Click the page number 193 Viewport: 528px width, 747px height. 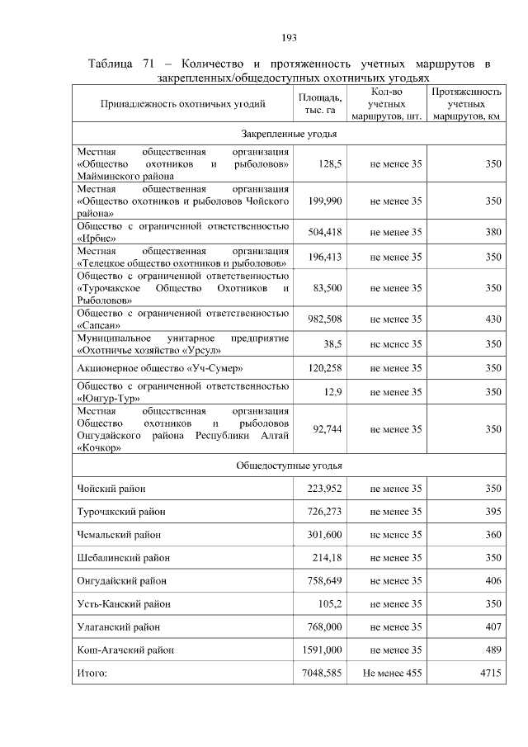(288, 37)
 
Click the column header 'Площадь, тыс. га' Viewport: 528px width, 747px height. (319, 104)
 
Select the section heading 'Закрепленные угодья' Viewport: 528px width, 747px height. (288, 133)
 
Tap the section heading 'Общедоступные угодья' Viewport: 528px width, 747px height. (288, 466)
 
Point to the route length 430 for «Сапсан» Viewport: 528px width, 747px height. (493, 319)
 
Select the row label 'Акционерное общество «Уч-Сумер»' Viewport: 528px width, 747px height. (160, 367)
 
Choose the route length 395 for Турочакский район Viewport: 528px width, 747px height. (493, 512)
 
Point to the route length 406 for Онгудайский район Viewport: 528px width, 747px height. (493, 581)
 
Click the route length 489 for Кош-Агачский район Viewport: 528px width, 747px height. (493, 650)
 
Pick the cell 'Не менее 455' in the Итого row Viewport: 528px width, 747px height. (392, 674)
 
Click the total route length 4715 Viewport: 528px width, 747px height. (490, 674)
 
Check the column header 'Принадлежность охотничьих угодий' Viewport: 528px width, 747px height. (182, 104)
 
